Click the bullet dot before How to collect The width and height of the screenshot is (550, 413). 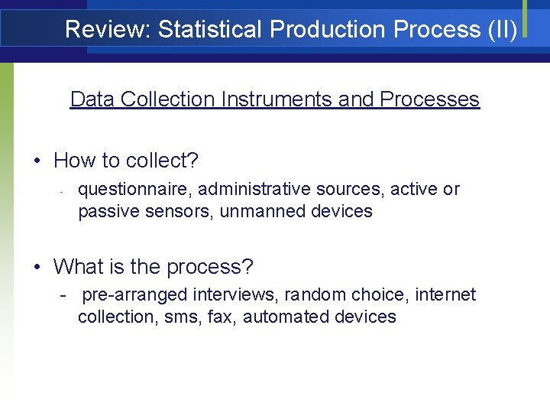coord(37,161)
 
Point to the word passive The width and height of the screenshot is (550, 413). coord(106,211)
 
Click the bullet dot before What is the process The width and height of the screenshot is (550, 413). coord(37,268)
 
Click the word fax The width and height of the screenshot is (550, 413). coord(222,317)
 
